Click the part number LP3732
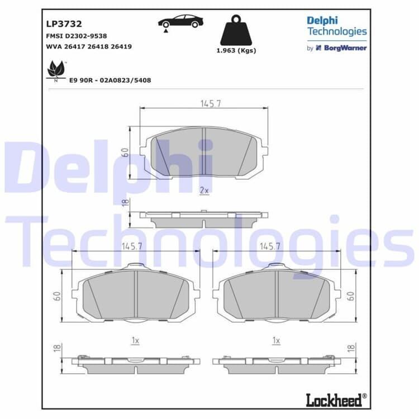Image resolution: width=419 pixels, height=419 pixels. [x=64, y=24]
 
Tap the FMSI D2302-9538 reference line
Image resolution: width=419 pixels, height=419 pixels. [x=77, y=36]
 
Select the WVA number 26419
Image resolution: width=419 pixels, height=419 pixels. [x=121, y=46]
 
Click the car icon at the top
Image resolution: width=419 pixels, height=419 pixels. [x=180, y=21]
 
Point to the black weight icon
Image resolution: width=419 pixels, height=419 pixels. [x=236, y=30]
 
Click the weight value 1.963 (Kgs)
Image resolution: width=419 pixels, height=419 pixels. [x=236, y=50]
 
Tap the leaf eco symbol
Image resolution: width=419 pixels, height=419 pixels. [x=56, y=70]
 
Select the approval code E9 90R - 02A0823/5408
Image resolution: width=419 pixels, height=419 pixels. [x=110, y=80]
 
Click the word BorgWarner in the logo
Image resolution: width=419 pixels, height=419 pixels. [x=345, y=48]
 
